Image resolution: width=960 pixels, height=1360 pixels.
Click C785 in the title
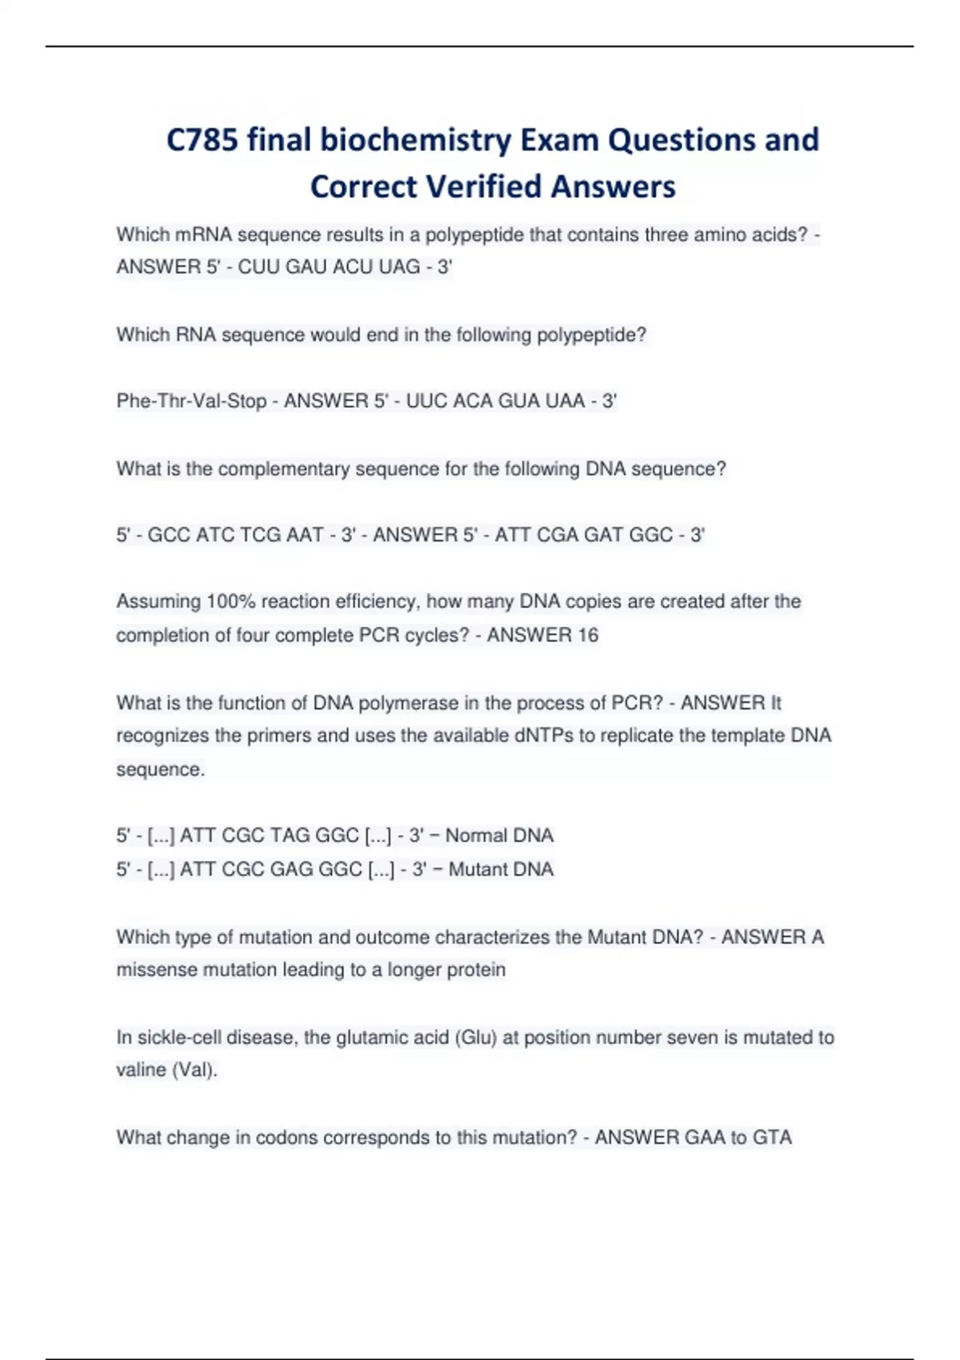(202, 140)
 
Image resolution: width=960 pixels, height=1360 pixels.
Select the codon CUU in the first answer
(258, 267)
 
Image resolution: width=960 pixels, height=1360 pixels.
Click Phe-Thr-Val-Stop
(191, 401)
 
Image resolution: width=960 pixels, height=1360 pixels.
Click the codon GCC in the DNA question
(169, 534)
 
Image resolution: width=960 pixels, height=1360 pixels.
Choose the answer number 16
(587, 635)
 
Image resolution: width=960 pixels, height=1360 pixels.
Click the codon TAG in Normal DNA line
(291, 836)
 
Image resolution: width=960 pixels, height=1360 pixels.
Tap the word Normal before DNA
(477, 836)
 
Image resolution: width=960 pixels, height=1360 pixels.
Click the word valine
(141, 1070)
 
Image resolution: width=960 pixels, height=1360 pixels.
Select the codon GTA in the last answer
(772, 1138)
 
